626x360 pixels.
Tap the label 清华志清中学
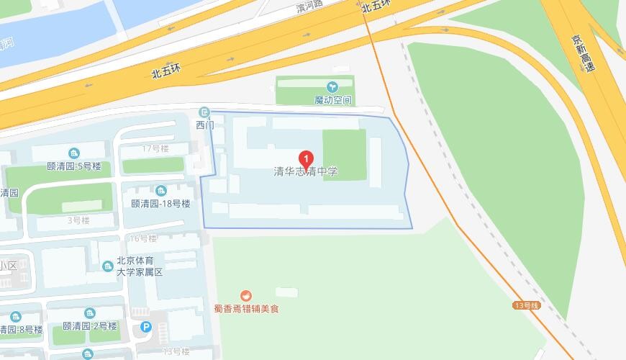pyautogui.click(x=306, y=172)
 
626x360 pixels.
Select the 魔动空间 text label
pyautogui.click(x=332, y=99)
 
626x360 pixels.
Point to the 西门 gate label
pyautogui.click(x=205, y=125)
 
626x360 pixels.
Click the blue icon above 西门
pyautogui.click(x=205, y=112)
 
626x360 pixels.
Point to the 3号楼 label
pyautogui.click(x=78, y=220)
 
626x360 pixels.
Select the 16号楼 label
pyautogui.click(x=143, y=238)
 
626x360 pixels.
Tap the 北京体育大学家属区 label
pyautogui.click(x=140, y=266)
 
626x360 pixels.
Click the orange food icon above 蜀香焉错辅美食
pyautogui.click(x=246, y=295)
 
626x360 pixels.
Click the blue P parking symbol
pyautogui.click(x=147, y=327)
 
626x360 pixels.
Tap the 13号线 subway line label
pyautogui.click(x=526, y=305)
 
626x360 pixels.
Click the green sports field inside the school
pyautogui.click(x=343, y=153)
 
